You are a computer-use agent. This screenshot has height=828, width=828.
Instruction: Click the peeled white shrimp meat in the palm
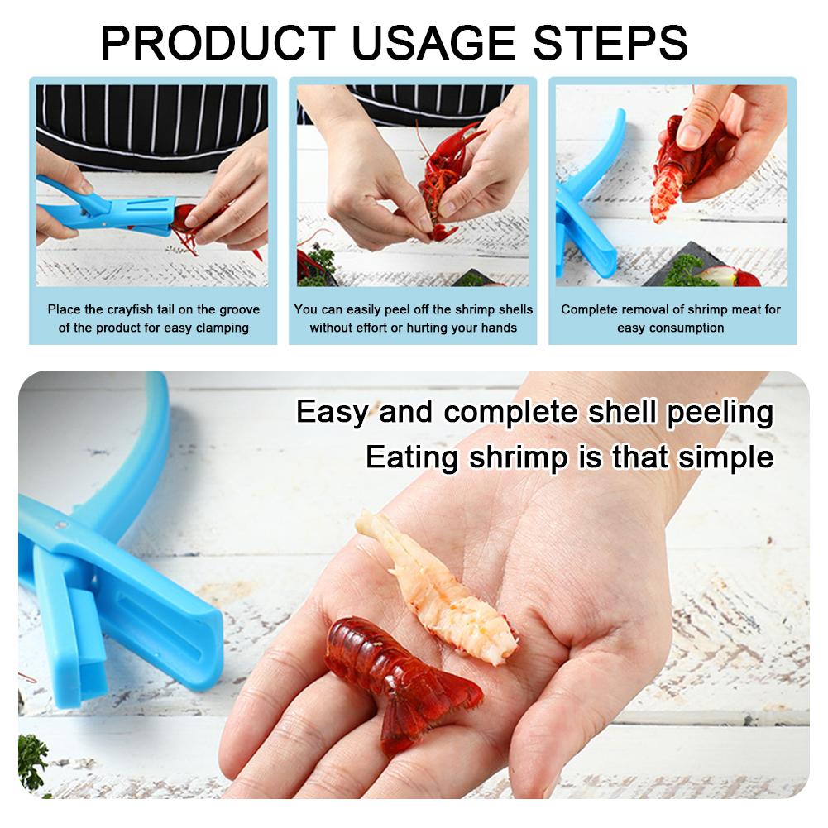434,586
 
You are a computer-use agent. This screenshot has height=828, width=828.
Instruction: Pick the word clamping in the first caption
222,328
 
